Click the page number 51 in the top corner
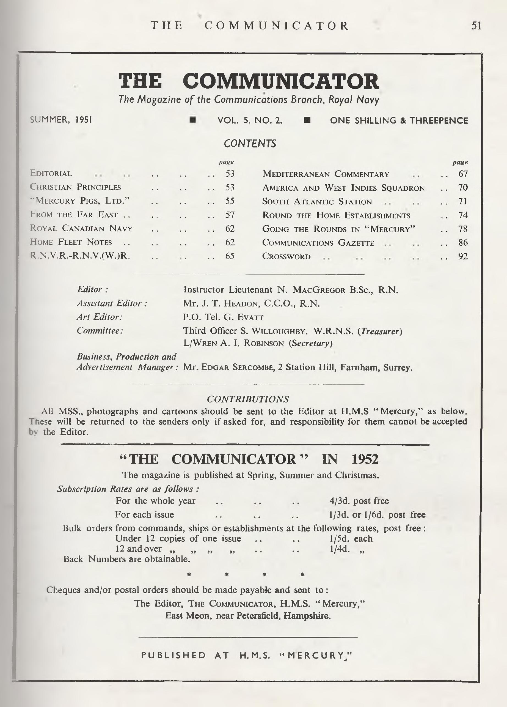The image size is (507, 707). (476, 26)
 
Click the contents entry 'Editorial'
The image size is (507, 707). (51, 173)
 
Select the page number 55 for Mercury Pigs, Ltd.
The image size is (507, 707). (230, 201)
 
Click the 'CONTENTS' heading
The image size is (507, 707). (250, 144)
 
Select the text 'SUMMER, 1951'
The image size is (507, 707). (61, 120)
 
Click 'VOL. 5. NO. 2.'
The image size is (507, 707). (250, 121)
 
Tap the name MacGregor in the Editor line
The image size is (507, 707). (319, 290)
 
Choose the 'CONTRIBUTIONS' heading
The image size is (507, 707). (248, 399)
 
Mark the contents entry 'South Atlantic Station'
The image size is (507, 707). (317, 201)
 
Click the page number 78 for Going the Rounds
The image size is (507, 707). (463, 229)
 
